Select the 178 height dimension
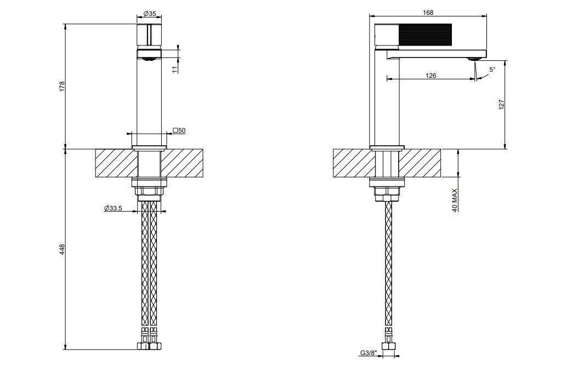[x=62, y=86]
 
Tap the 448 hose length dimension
[x=62, y=249]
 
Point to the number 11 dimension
[x=174, y=69]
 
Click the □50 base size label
[x=179, y=130]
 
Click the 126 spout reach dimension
[x=431, y=76]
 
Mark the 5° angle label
[x=491, y=70]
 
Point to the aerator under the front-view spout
[x=148, y=56]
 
